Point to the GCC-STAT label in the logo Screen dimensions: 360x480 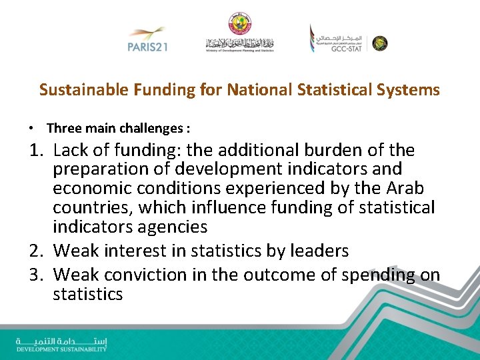346,48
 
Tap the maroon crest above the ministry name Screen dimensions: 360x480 239,23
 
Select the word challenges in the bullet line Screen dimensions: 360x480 154,128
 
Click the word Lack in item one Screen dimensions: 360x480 72,151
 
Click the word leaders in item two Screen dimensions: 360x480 317,251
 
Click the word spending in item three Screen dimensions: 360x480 379,274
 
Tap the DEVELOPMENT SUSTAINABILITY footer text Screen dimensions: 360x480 61,349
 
